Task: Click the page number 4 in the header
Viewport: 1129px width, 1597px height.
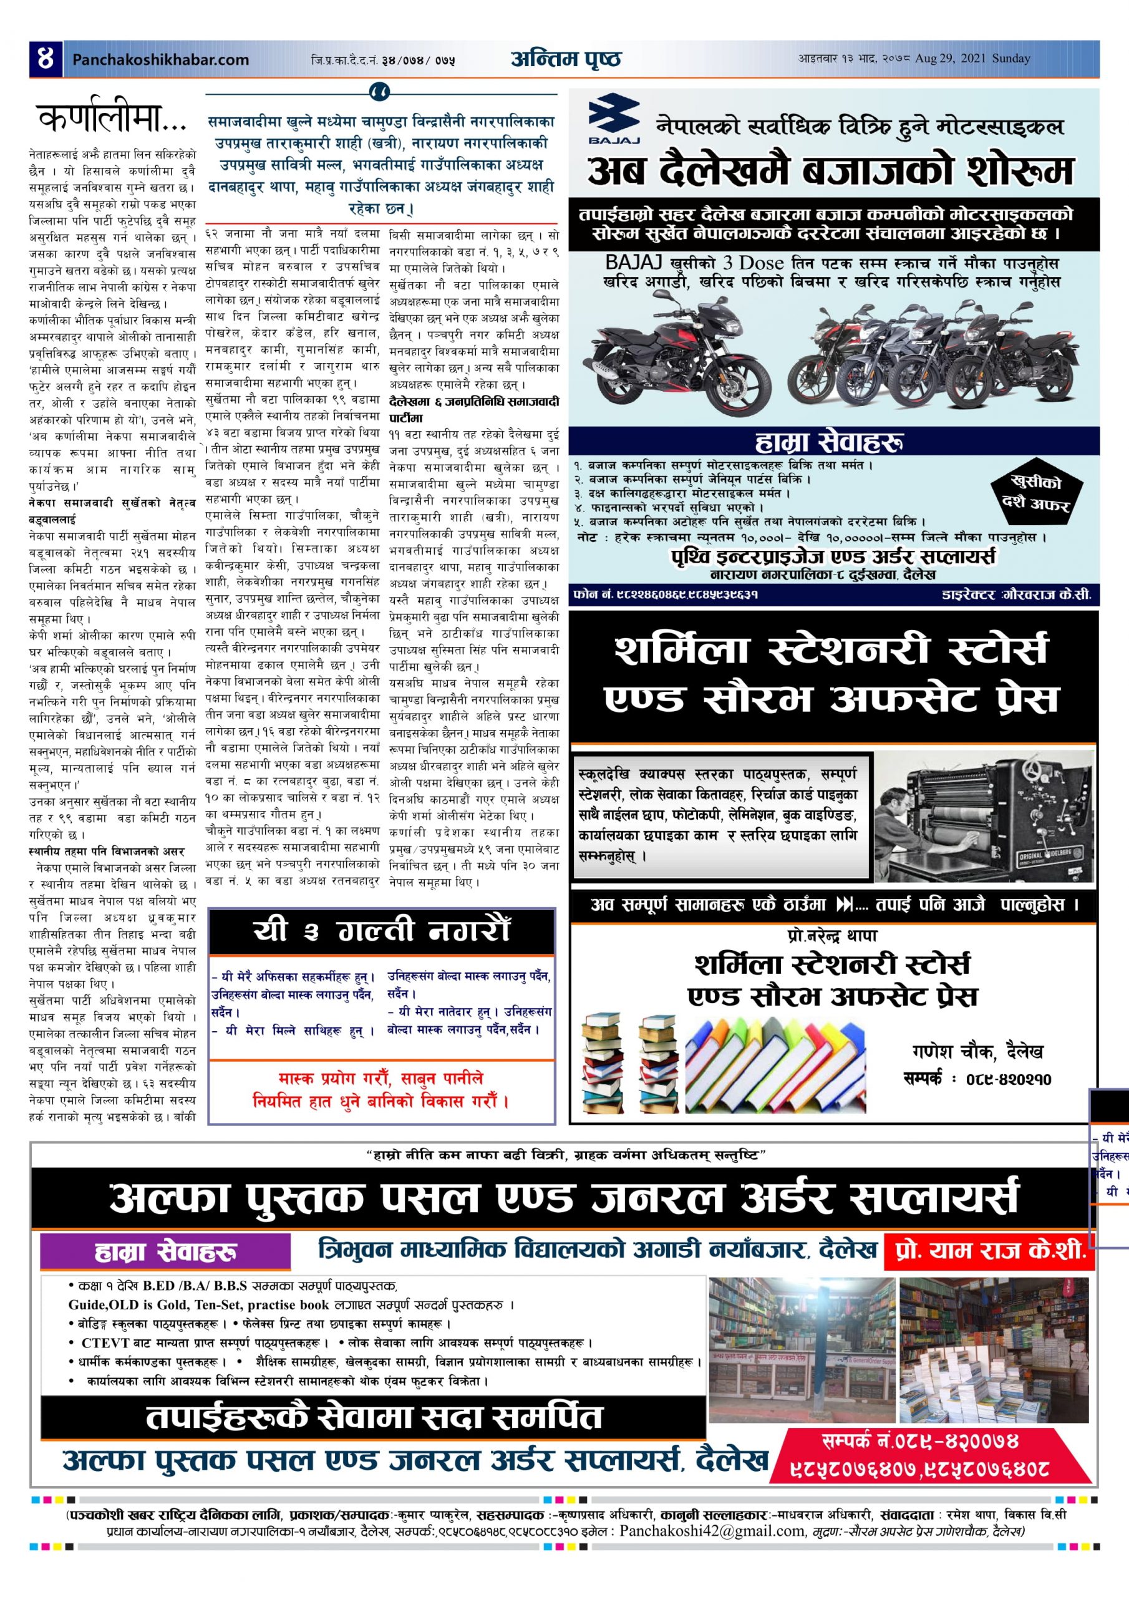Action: click(x=45, y=59)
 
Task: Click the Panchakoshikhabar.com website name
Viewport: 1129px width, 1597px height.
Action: click(x=160, y=60)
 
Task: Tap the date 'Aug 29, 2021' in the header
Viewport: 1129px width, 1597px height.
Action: click(x=948, y=59)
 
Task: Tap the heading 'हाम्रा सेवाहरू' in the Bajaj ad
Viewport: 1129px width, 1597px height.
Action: click(x=833, y=442)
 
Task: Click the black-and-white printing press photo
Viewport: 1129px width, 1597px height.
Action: click(x=983, y=816)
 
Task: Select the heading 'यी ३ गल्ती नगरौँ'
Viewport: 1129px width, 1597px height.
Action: click(x=381, y=931)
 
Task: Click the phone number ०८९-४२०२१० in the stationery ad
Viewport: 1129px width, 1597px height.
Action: click(x=1008, y=1079)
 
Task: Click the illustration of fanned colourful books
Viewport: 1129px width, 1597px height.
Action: click(x=775, y=1057)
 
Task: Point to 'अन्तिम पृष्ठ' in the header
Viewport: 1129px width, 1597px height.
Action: click(x=566, y=59)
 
